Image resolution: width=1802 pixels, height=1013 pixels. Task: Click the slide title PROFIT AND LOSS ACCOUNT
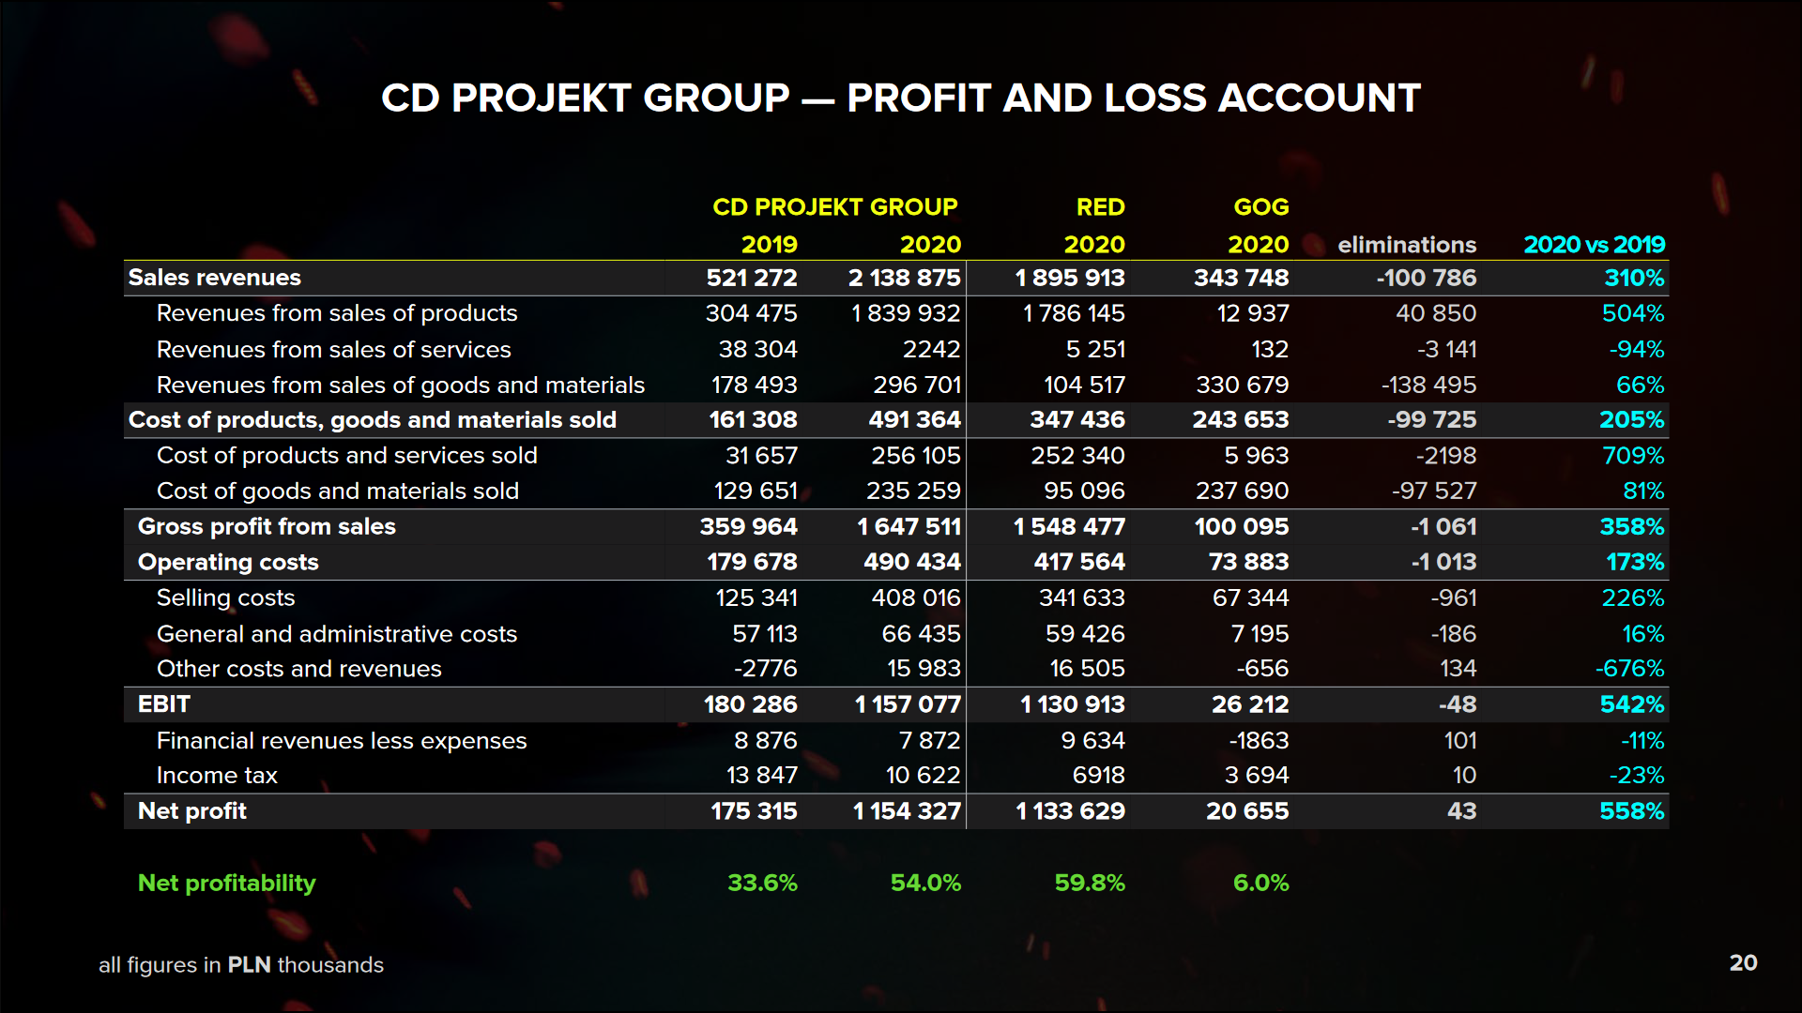click(x=901, y=98)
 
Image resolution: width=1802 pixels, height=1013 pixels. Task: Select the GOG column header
click(x=1260, y=207)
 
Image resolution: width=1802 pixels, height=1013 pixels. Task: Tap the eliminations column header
click(x=1406, y=245)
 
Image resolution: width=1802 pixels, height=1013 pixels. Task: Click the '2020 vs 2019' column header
click(x=1594, y=245)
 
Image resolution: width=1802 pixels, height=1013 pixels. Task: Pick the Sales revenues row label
click(x=215, y=278)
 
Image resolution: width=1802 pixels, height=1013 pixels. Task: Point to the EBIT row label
click(x=164, y=704)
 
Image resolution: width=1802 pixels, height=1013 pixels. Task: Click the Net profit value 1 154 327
click(x=907, y=811)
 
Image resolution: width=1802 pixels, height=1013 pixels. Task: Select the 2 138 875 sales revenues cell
click(x=904, y=278)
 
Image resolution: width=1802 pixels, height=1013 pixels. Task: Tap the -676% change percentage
click(x=1629, y=669)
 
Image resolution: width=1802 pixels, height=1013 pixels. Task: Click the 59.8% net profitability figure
click(x=1089, y=883)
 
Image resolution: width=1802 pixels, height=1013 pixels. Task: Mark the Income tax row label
click(x=217, y=776)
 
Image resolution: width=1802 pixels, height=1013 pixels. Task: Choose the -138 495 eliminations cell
click(x=1428, y=385)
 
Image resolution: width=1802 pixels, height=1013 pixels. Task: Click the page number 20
click(x=1743, y=963)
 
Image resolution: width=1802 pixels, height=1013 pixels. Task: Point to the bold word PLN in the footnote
click(x=249, y=965)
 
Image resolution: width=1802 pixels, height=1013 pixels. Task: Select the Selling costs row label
click(x=225, y=597)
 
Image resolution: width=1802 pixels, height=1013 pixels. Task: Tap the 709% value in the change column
click(x=1633, y=456)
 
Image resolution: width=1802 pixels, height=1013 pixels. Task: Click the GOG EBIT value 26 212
click(x=1249, y=704)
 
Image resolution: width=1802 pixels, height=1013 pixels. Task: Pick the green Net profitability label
click(x=226, y=883)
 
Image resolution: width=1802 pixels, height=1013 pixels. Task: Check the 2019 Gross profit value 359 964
click(x=748, y=527)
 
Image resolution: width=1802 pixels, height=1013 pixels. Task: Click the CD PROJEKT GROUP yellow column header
click(x=834, y=207)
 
